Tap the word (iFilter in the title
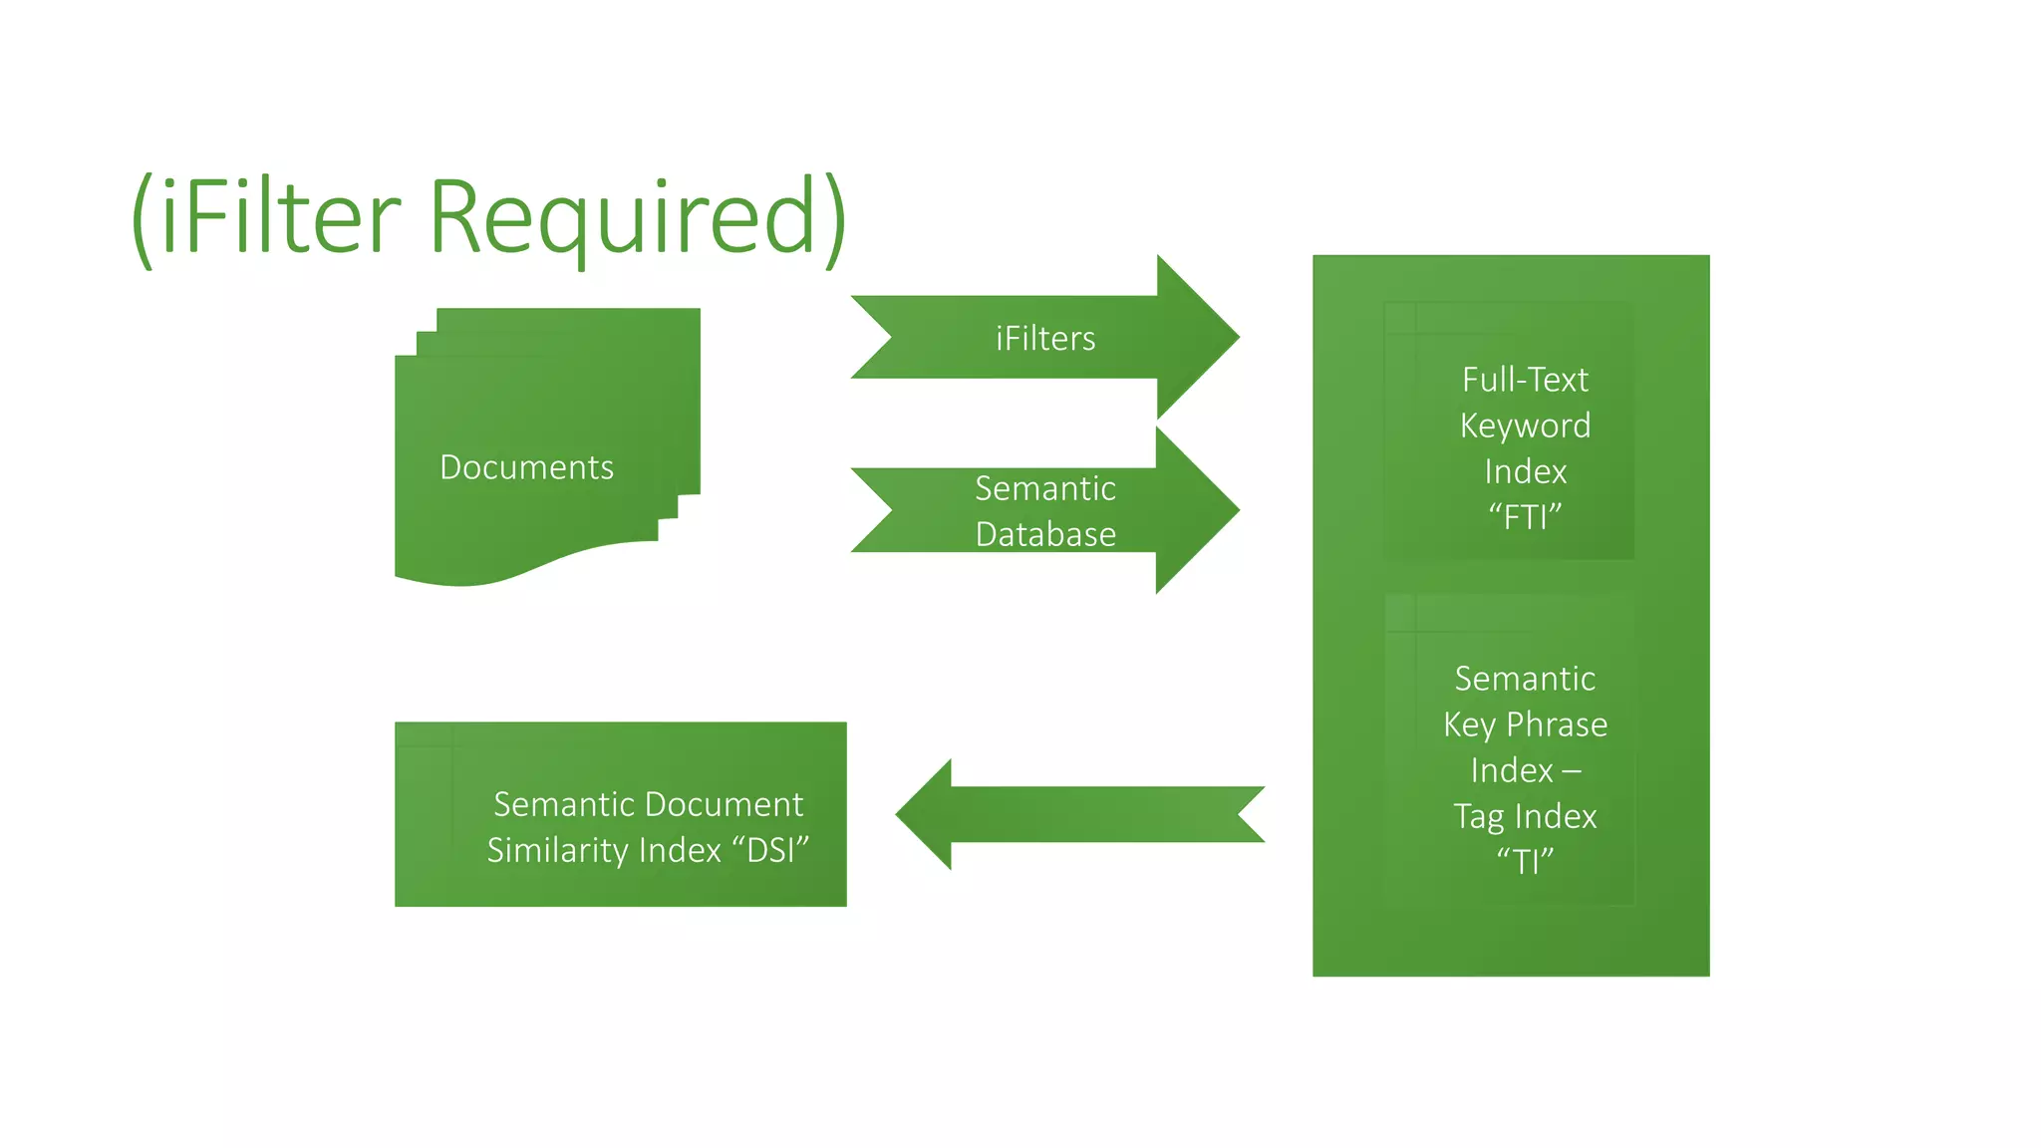pos(267,217)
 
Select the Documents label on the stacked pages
pos(526,467)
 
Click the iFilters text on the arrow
pos(1045,339)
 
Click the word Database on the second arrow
pos(1045,535)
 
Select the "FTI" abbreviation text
pos(1525,517)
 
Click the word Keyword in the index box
pos(1525,426)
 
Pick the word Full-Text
pos(1525,380)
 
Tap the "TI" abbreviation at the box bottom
pos(1525,861)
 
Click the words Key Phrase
pos(1525,724)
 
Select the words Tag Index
pos(1525,816)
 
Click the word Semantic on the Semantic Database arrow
pos(1045,488)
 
